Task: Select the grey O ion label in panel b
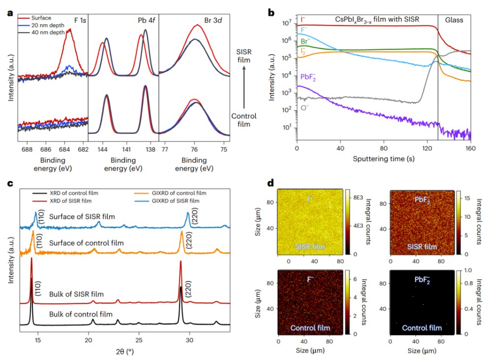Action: [305, 107]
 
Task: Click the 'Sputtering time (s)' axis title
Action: [384, 160]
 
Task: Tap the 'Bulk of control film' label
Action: [80, 314]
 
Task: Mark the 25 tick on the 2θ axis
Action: [139, 339]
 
